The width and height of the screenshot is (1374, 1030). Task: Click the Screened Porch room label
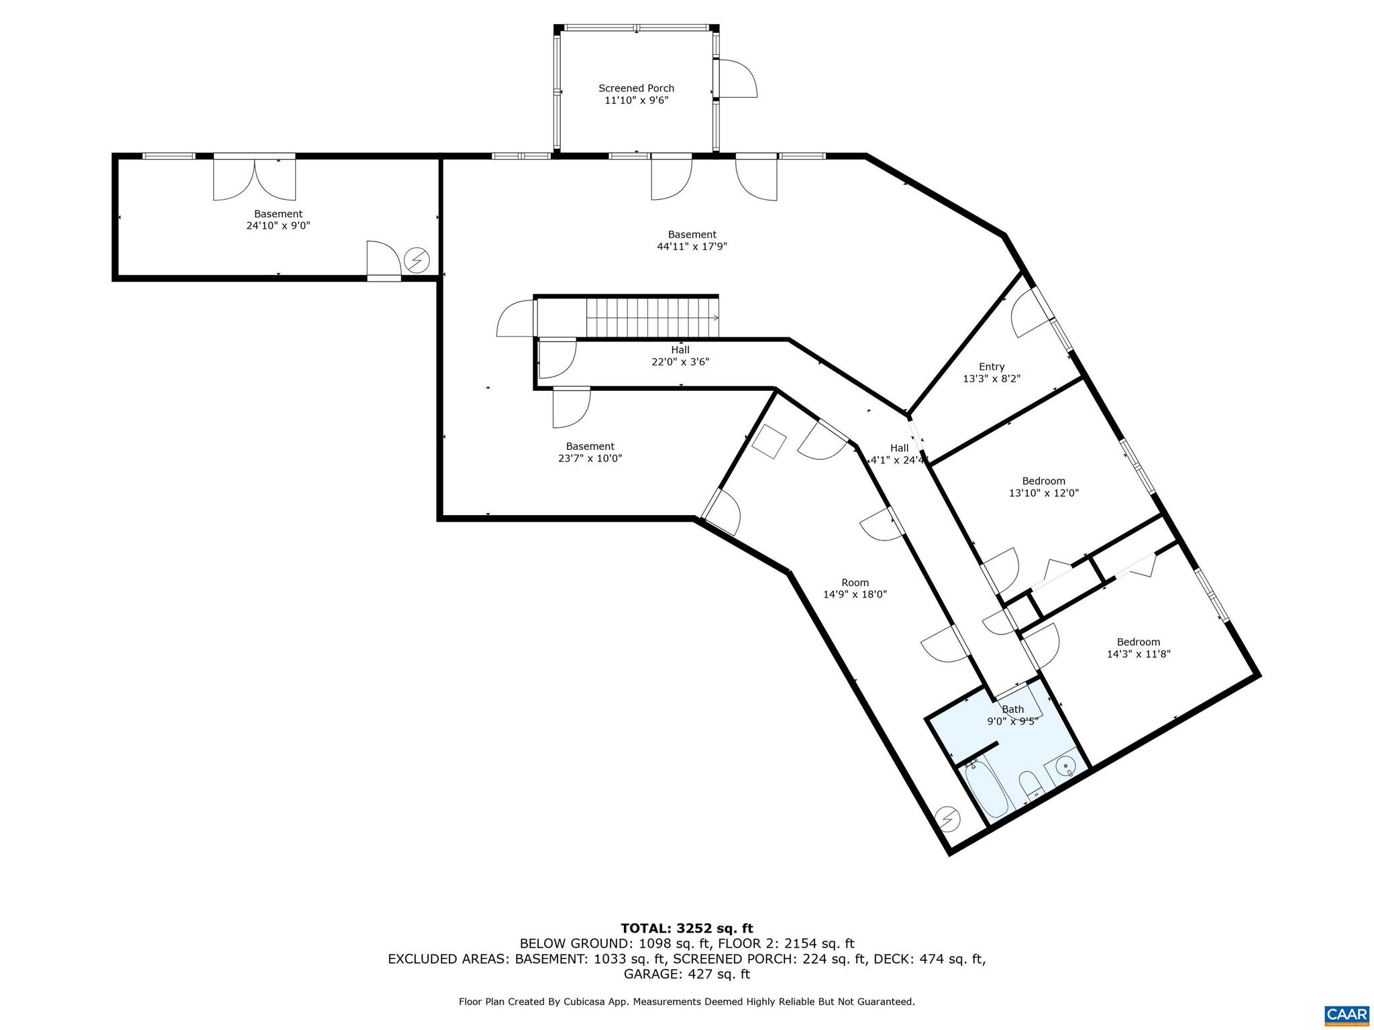coord(636,89)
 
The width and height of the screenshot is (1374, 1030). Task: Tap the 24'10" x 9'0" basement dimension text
coord(278,226)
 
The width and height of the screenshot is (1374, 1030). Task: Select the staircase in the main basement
coord(651,318)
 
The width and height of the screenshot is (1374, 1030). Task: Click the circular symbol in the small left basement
coord(417,260)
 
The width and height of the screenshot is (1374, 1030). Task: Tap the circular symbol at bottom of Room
coord(948,819)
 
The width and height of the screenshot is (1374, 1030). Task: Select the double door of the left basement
coord(254,179)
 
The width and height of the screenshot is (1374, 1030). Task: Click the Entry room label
coord(991,367)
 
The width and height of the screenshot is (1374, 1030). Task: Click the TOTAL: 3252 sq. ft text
coord(686,928)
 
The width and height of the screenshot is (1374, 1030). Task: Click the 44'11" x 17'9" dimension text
coord(692,246)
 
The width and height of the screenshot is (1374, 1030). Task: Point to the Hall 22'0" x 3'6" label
coord(680,355)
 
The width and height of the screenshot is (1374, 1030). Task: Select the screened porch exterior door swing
coord(737,79)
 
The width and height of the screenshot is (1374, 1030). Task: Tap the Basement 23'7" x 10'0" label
coord(590,452)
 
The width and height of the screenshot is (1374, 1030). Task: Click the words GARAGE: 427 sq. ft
coord(686,974)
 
